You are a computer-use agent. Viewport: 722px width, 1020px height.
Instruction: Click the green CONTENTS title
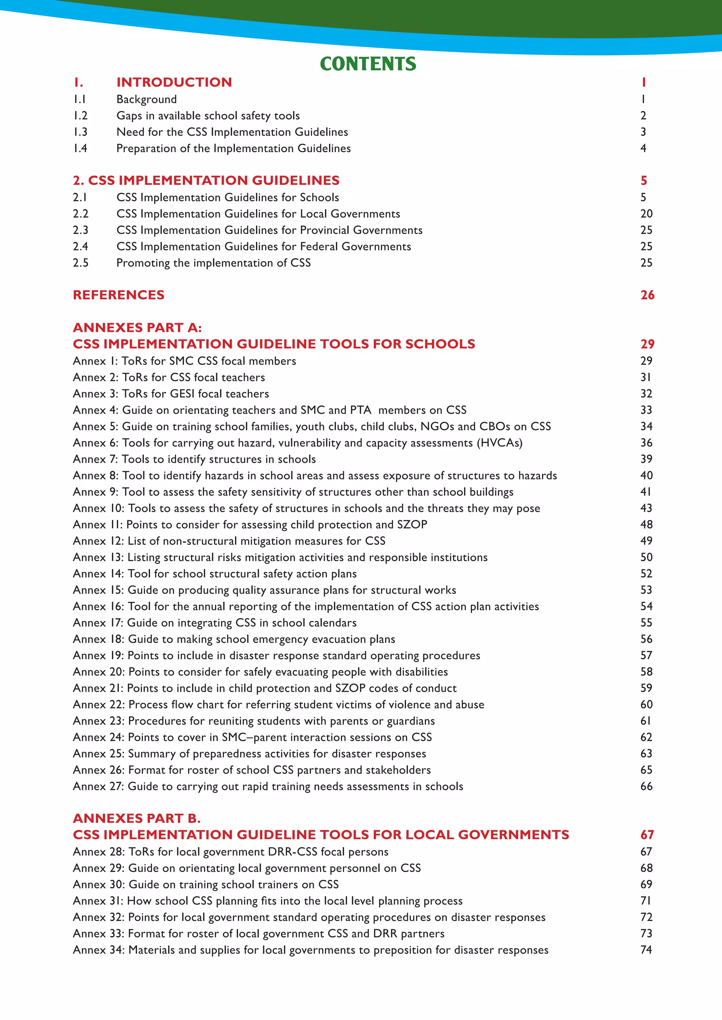click(368, 64)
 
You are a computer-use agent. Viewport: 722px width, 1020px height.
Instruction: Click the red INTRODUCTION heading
click(174, 82)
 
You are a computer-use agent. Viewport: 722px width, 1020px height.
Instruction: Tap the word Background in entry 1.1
click(146, 99)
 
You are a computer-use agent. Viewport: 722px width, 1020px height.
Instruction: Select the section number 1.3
click(80, 132)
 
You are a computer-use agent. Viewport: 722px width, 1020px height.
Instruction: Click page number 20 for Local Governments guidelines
click(646, 214)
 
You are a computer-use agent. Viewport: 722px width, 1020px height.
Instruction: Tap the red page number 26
click(647, 295)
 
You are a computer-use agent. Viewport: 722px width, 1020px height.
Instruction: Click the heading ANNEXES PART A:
click(137, 328)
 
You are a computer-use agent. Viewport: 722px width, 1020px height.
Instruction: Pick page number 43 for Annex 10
click(646, 508)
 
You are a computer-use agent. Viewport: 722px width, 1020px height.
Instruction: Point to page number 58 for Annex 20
click(646, 672)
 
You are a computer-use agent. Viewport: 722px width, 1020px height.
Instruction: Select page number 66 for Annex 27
click(646, 786)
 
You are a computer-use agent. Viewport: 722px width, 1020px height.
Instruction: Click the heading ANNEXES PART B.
click(136, 818)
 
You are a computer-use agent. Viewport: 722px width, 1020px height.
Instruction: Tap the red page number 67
click(647, 835)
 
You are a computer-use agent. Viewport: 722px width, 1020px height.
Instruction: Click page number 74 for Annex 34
click(646, 950)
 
